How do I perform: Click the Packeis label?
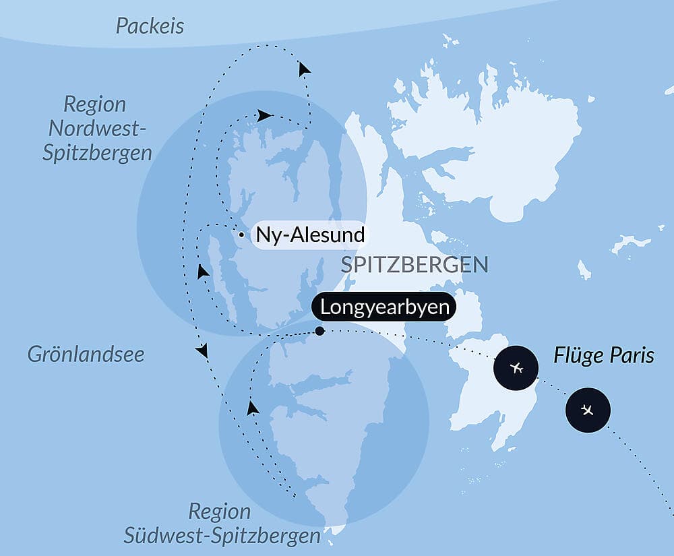150,26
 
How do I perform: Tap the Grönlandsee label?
86,354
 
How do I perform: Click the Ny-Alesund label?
311,235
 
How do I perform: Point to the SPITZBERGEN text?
414,265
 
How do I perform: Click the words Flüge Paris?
603,355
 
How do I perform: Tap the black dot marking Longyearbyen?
319,331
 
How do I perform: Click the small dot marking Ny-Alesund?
241,235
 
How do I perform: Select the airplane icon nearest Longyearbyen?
516,368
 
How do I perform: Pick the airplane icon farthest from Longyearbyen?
588,410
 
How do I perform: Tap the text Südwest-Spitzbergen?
222,536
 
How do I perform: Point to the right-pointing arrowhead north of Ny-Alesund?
265,115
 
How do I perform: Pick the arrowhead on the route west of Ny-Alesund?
202,272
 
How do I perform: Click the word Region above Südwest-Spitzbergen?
220,511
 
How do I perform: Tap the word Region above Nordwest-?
95,104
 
